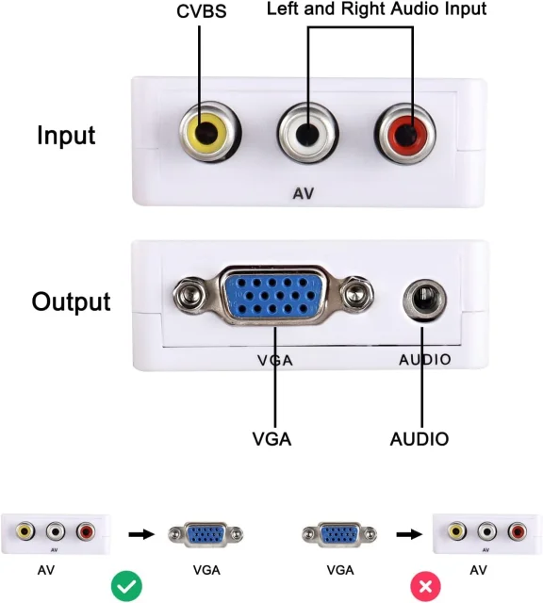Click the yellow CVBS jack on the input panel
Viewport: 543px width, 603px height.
(x=209, y=132)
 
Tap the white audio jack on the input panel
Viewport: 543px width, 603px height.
(x=307, y=133)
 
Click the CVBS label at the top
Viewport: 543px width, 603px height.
(x=201, y=11)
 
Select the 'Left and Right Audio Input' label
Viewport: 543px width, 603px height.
(x=376, y=8)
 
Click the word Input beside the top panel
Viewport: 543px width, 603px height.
(x=66, y=136)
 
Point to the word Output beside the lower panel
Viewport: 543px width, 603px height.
(x=72, y=301)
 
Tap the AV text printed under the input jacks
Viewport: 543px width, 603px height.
(x=304, y=193)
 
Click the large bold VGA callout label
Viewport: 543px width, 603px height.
(x=271, y=439)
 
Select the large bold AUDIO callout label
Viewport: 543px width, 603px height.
(x=420, y=439)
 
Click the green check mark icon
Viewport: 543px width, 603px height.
(x=126, y=586)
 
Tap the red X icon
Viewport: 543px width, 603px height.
(x=425, y=586)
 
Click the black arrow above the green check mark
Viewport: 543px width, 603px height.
(x=141, y=534)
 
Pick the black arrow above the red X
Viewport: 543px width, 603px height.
(x=409, y=534)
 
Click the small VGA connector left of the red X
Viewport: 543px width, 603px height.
(x=339, y=534)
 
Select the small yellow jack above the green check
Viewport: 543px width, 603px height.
(x=25, y=531)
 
